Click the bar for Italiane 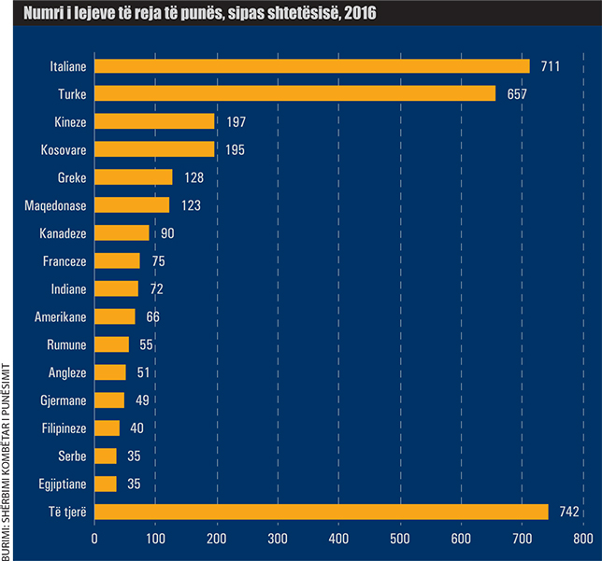click(x=312, y=66)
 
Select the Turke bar click(x=295, y=93)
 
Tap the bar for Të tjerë click(x=322, y=512)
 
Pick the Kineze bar click(x=154, y=121)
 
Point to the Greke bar click(x=134, y=177)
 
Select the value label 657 click(x=517, y=93)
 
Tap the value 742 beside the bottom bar click(x=569, y=512)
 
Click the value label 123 click(x=190, y=205)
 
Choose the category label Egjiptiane click(x=60, y=484)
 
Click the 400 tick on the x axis click(x=338, y=540)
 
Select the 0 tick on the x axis click(x=94, y=540)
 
